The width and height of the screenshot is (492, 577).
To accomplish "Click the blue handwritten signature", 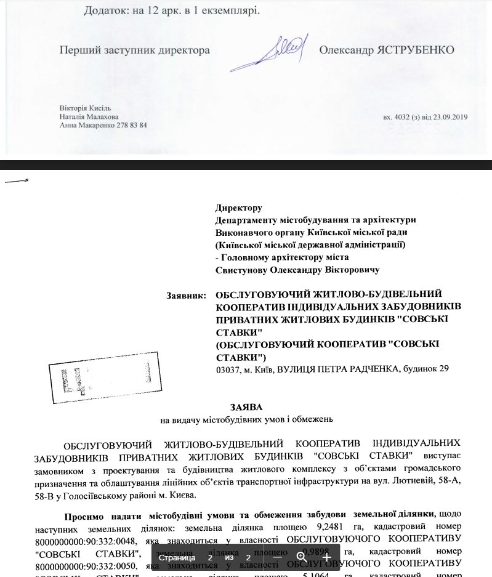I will point(280,52).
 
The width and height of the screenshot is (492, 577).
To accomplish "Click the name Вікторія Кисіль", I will point(85,108).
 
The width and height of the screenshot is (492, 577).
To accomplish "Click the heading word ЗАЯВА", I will point(246,408).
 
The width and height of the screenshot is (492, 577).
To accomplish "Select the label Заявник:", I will point(187,296).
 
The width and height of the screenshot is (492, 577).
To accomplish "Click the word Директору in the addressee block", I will point(238,208).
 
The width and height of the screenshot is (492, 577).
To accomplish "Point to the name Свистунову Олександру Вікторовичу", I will point(297,270).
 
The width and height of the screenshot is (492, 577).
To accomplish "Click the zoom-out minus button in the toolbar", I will point(278,557).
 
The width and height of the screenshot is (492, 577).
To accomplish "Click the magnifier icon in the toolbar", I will point(302,557).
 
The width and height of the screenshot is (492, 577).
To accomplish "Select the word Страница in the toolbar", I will point(177,557).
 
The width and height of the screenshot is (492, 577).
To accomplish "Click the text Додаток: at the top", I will point(107,11).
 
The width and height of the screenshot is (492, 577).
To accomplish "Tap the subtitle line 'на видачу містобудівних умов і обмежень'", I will point(246,420).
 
